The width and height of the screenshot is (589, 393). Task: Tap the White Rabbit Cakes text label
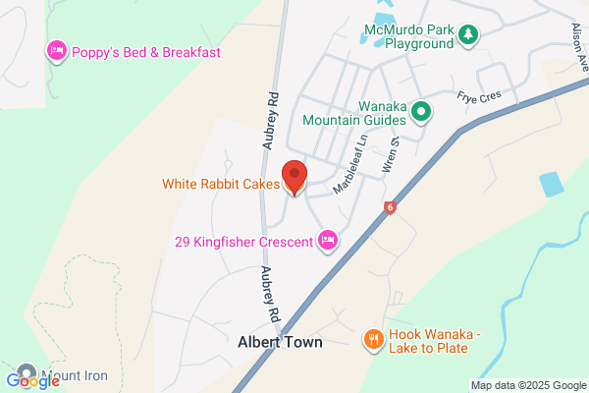221,183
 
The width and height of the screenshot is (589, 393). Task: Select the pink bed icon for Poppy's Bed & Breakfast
56,51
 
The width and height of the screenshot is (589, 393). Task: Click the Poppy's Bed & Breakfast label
145,52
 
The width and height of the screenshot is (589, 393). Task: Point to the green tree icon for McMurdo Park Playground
469,35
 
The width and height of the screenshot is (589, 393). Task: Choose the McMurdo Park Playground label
404,35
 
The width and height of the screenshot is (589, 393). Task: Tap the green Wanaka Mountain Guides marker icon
421,112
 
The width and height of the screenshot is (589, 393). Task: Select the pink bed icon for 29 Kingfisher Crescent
328,240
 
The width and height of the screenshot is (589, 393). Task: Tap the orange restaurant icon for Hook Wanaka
373,340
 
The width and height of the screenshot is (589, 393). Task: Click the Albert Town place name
280,343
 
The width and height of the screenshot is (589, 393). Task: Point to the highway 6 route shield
391,207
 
